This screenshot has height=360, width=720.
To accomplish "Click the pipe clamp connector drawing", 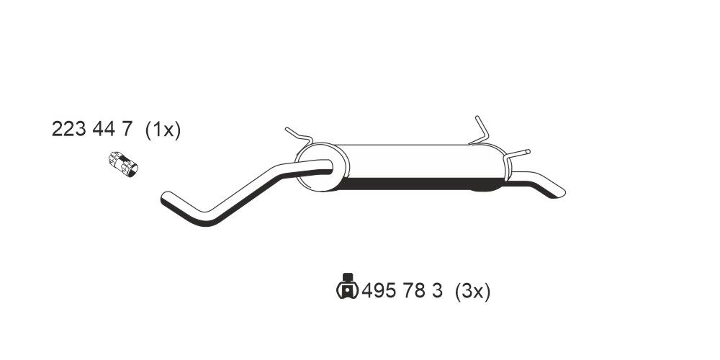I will point(124,163).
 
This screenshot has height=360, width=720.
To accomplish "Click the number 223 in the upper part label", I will point(67,130).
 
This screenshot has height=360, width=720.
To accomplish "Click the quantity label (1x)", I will point(162,130).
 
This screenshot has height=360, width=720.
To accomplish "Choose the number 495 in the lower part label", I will point(377,292).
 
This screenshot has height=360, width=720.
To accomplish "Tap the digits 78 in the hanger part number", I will point(413,292).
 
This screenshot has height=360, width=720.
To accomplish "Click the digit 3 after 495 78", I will point(436,292).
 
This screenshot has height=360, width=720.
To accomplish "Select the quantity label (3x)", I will point(472,292).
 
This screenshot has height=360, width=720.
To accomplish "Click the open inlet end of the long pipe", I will point(165,197).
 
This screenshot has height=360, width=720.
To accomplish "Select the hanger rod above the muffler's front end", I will point(297,135).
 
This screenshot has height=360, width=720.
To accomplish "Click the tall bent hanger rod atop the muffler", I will point(480,130).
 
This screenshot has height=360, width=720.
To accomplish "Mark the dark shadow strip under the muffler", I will point(410,185).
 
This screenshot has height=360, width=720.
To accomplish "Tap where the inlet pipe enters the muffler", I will point(328,168).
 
